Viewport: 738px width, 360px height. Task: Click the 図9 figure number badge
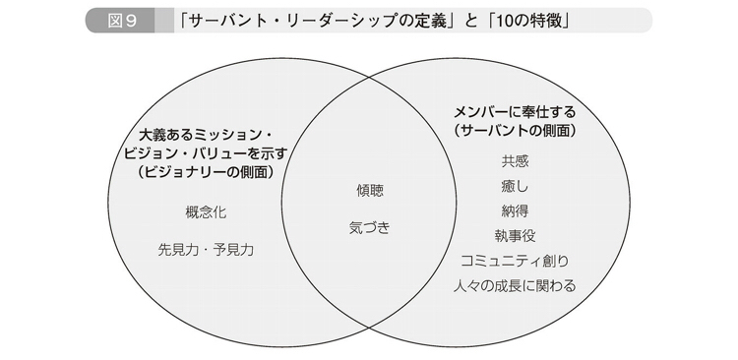[x=120, y=21]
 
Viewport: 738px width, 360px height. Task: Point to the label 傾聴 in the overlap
[x=370, y=190]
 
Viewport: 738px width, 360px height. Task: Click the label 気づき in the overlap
[x=369, y=228]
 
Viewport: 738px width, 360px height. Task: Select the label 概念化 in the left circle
[x=207, y=212]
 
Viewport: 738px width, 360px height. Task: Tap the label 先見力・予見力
[x=207, y=250]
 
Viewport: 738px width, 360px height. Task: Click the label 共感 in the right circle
[x=515, y=161]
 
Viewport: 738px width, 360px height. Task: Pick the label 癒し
[x=515, y=186]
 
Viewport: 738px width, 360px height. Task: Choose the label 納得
[x=515, y=210]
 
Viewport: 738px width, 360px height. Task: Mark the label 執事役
[x=515, y=236]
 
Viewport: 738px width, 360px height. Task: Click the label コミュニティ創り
[x=515, y=261]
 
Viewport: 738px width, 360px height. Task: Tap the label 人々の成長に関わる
[x=515, y=285]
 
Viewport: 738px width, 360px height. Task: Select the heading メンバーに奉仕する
[x=515, y=112]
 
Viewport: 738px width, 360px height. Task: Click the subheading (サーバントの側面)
[x=515, y=131]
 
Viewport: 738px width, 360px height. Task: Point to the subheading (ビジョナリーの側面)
[x=207, y=172]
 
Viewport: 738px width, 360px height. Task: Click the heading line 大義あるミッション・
[x=207, y=136]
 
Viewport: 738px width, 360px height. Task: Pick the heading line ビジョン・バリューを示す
[x=207, y=153]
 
